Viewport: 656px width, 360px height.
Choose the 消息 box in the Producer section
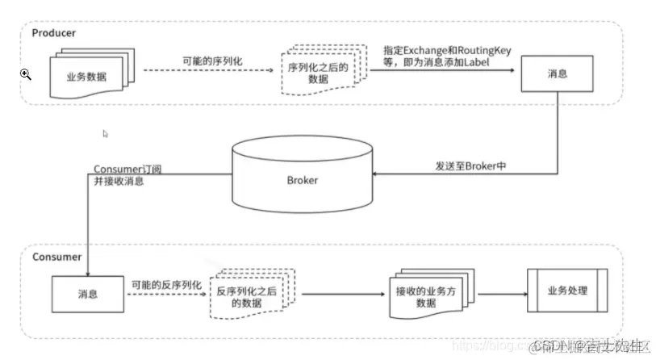click(x=557, y=74)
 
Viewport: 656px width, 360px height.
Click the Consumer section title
click(x=56, y=257)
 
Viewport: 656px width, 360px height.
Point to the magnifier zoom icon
click(x=26, y=74)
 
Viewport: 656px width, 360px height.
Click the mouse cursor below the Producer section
click(x=106, y=133)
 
